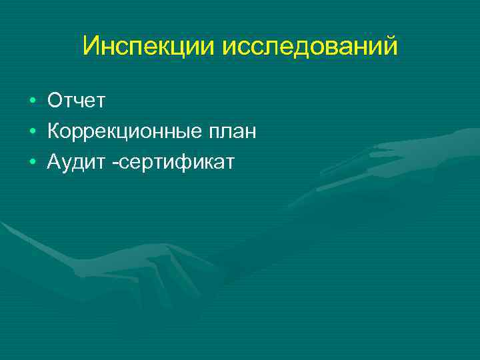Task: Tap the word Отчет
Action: click(76, 101)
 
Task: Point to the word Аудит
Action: click(72, 161)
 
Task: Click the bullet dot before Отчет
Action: click(32, 101)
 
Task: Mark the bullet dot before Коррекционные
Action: click(32, 131)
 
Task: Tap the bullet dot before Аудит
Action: click(32, 162)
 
